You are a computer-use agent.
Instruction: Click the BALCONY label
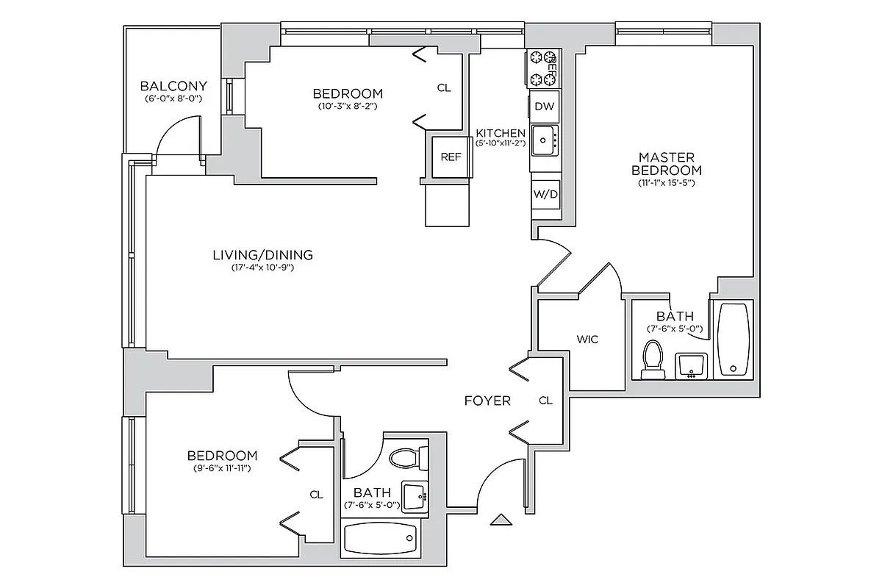(173, 85)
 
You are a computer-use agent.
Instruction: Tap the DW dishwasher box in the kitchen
(544, 107)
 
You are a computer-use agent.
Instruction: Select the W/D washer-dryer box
(545, 196)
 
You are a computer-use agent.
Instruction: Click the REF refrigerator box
(450, 157)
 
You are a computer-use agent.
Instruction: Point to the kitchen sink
(544, 140)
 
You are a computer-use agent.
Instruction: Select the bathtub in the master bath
(734, 339)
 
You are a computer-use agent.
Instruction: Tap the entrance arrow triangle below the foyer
(501, 520)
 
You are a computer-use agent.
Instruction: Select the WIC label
(587, 340)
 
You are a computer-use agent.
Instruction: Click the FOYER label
(487, 401)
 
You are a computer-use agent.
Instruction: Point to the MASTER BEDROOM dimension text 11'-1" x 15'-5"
(666, 183)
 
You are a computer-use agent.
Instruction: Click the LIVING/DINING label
(262, 255)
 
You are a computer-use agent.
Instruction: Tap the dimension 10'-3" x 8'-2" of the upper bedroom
(348, 106)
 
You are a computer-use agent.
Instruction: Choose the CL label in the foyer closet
(545, 401)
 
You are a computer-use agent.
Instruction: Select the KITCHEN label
(501, 133)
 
